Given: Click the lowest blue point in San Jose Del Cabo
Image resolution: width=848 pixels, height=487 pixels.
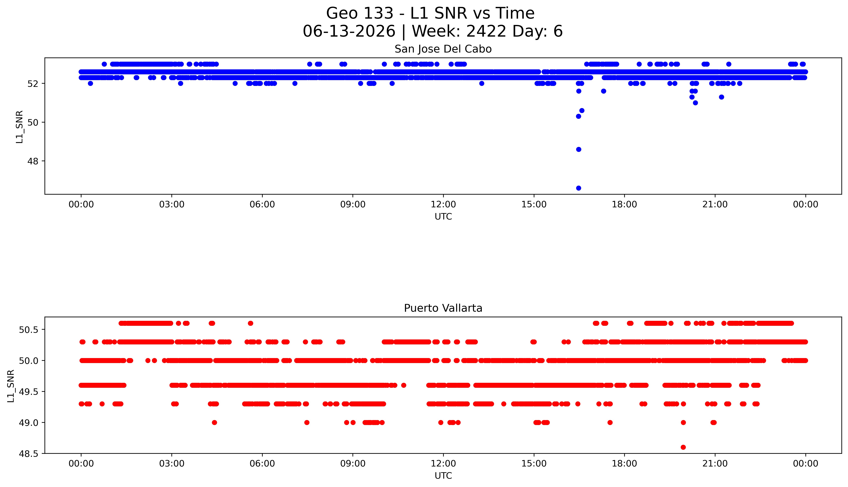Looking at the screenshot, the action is pos(579,188).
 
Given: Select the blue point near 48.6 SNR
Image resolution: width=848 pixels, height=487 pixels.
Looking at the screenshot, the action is pos(579,149).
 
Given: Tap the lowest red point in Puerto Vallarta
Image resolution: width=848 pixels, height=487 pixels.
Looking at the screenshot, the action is pos(683,447).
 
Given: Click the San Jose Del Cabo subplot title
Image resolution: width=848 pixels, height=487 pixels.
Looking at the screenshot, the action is pos(443,49).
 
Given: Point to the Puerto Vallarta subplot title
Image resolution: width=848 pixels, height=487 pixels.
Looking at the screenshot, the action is pos(443,308).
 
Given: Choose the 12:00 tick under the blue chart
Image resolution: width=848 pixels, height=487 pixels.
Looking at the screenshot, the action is pos(443,204).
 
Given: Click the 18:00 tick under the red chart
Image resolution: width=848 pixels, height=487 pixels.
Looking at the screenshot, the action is pos(625,464).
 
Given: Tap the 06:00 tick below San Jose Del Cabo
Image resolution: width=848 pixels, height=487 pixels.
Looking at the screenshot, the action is pos(262,204).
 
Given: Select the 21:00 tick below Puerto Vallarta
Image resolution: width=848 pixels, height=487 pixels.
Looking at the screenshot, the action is pos(715,464).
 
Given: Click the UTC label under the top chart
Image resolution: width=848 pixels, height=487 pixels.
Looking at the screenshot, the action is pos(443,217).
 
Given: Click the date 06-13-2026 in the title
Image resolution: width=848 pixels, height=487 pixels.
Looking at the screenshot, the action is pos(349,31).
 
